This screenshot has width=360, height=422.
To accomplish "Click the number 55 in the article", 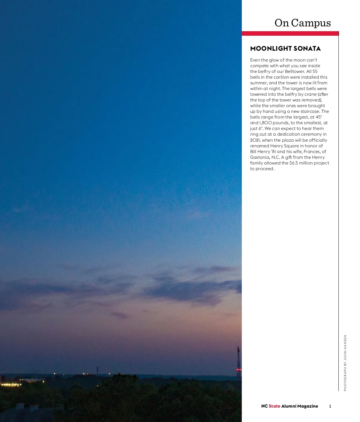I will click(x=315, y=71).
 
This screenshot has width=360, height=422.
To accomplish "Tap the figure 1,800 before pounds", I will click(x=265, y=123).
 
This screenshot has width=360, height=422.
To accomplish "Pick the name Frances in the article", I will click(x=312, y=152).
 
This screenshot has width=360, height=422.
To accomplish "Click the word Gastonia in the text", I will click(x=260, y=157).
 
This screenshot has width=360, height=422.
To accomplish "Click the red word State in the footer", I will click(x=274, y=406).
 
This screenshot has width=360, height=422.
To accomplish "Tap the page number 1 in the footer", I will click(x=330, y=406).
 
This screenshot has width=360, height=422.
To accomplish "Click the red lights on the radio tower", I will click(x=238, y=370).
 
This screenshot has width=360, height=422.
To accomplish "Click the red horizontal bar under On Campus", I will click(x=290, y=34).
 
